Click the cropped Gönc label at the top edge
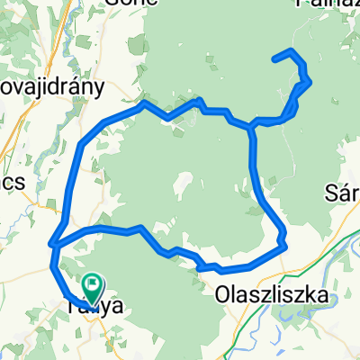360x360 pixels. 125,4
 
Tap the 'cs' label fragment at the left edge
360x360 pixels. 10,181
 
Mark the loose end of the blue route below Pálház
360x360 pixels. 274,58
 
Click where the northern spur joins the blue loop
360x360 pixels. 251,127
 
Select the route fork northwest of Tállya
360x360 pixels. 55,243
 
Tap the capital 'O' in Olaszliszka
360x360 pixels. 223,293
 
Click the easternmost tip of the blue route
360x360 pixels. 310,82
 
